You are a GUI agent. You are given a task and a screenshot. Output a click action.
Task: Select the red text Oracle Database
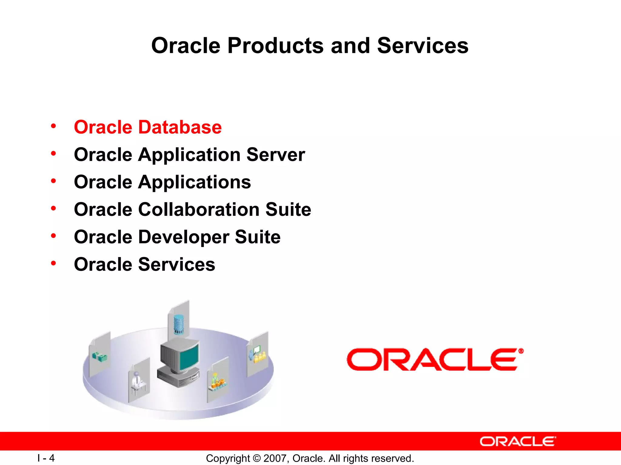coord(148,127)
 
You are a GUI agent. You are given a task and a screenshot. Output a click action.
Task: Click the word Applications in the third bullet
coord(194,183)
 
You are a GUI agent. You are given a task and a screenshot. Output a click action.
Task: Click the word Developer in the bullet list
coord(183,237)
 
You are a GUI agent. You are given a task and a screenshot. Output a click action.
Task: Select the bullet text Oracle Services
coord(144,264)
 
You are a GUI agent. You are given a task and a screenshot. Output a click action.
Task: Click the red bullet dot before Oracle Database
coord(54,126)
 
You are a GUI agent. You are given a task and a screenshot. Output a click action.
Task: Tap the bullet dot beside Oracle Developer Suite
coord(54,236)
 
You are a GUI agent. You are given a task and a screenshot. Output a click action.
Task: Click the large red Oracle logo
coord(435,359)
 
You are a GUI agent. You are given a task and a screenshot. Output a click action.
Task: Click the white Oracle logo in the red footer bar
coord(518,441)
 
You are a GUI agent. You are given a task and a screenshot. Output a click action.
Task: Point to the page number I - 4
coord(46,458)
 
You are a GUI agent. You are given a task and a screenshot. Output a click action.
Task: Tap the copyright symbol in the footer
coord(257,458)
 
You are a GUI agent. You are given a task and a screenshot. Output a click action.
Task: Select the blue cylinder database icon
coord(179,325)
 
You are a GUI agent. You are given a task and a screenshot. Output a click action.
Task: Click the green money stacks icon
coord(100,357)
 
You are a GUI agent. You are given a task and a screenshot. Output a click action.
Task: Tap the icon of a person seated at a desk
coord(137,382)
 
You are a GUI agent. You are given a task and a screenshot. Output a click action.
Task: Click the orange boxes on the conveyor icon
coord(218,383)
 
